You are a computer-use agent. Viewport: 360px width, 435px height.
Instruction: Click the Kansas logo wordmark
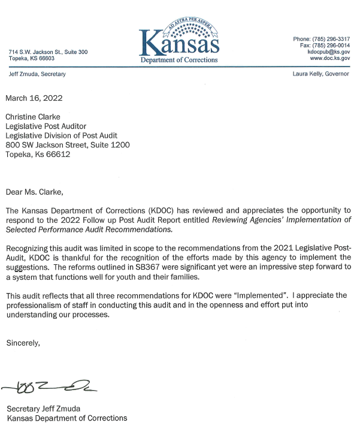click(180, 43)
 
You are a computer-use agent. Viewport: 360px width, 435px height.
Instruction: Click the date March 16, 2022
click(34, 98)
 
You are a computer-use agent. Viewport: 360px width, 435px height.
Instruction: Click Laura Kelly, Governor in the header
click(323, 74)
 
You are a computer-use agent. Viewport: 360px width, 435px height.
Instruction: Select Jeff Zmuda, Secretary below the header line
click(37, 74)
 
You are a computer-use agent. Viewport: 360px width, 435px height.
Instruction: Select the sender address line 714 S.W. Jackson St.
click(48, 52)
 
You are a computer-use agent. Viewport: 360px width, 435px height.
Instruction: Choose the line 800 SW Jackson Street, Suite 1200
click(68, 144)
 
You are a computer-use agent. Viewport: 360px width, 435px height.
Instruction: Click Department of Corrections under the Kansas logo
click(179, 60)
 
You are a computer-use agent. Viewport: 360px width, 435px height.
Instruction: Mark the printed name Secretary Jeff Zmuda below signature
click(44, 409)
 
